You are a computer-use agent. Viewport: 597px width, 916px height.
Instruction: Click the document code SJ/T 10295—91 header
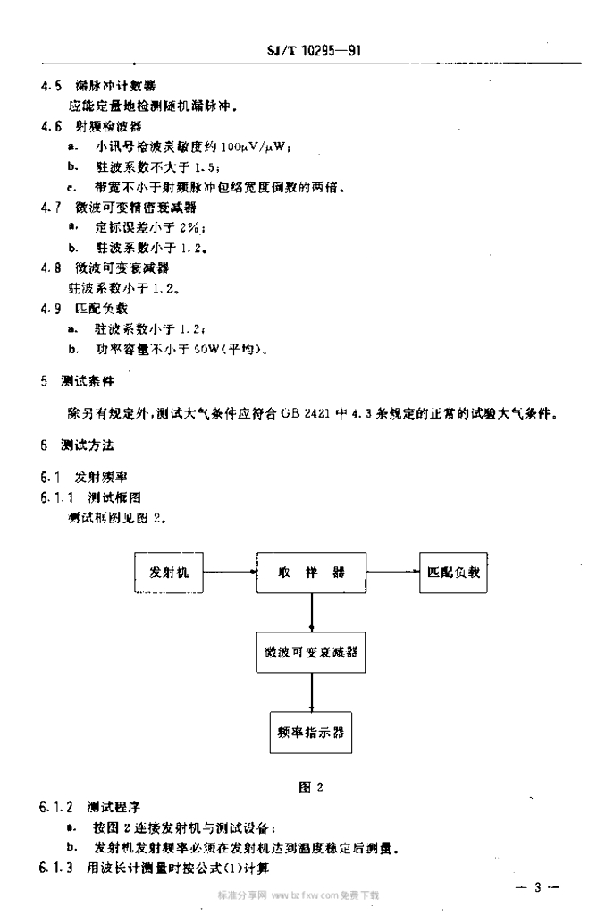314,51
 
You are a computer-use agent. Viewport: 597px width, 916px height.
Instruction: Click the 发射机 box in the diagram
170,572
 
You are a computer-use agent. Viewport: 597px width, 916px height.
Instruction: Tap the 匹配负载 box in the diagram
453,572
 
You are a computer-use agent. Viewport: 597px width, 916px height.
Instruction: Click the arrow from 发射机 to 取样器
230,571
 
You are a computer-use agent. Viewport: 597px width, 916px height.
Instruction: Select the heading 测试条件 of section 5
88,381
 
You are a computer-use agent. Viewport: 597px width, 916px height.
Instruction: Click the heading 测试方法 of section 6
88,445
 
